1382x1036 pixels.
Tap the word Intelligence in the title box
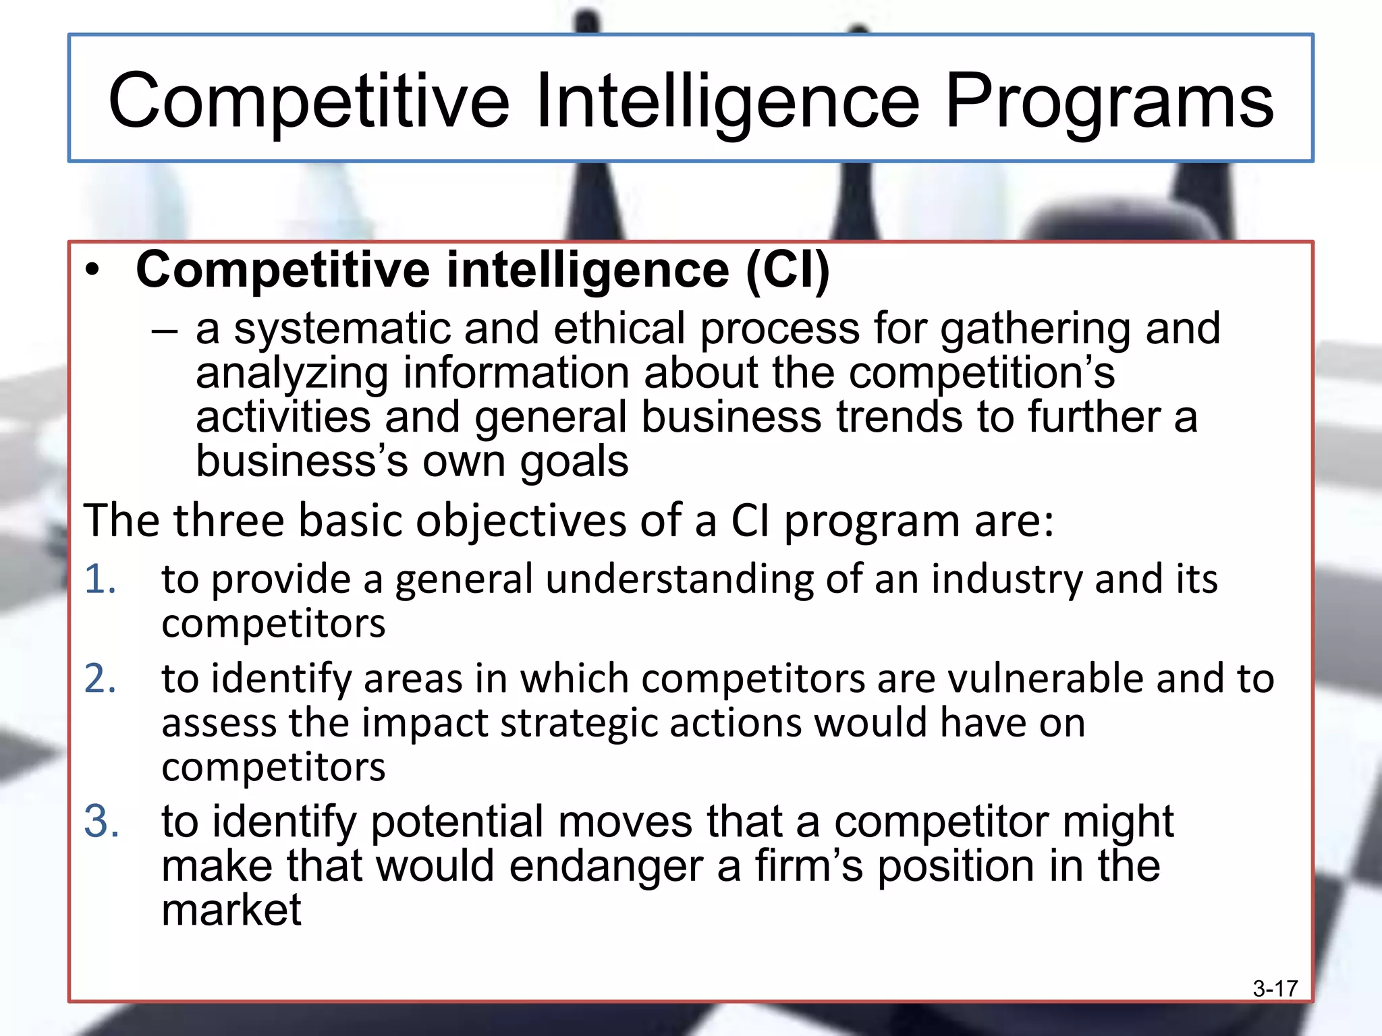tap(727, 103)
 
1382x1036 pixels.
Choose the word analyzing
tap(292, 374)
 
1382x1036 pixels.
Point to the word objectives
tap(521, 521)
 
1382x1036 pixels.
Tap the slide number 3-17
tap(1275, 989)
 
